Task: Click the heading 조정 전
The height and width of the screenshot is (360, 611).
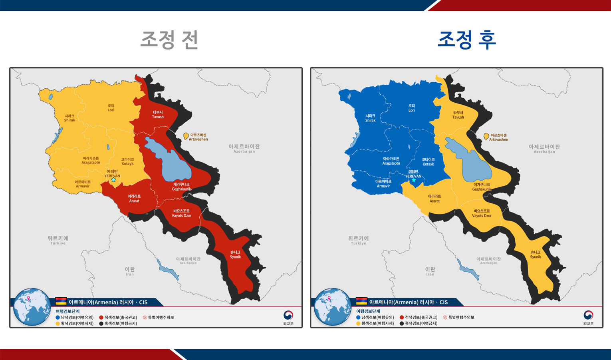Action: point(170,40)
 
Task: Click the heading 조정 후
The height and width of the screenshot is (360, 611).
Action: point(466,40)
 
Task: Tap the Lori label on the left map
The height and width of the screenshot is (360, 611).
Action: point(111,108)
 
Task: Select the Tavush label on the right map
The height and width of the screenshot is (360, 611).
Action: point(458,115)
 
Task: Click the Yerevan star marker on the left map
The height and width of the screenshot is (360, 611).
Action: point(114,180)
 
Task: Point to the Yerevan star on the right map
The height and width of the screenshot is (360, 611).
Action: point(414,180)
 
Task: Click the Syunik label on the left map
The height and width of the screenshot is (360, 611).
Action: point(235,255)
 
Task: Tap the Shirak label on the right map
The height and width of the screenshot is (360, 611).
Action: point(370,118)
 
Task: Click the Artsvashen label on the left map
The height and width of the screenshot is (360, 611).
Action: point(198,137)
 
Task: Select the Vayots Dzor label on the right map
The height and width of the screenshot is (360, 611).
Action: point(482,213)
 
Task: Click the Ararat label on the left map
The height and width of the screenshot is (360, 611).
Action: point(134,199)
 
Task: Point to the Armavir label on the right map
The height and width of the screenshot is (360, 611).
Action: point(383,184)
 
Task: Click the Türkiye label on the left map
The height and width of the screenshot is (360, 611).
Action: point(58,240)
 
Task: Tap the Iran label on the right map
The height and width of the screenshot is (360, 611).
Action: point(430,271)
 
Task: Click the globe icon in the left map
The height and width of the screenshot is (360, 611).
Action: point(32,306)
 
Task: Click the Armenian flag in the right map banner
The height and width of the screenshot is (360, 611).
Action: point(361,301)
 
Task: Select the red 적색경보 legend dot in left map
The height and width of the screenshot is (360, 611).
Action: point(101,318)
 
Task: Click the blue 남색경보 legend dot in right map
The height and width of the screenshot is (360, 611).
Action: point(358,318)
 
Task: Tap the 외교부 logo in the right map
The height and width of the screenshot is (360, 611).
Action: point(588,318)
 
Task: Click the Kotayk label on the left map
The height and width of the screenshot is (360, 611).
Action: point(127,161)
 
